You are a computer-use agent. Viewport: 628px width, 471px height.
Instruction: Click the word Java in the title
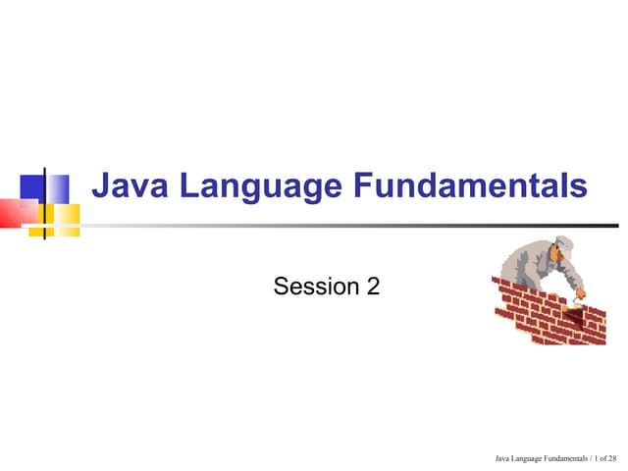pyautogui.click(x=126, y=186)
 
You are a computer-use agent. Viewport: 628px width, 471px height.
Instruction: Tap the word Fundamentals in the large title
pyautogui.click(x=470, y=186)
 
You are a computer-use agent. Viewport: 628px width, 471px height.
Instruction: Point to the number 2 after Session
pyautogui.click(x=373, y=287)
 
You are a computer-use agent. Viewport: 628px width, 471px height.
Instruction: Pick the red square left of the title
pyautogui.click(x=16, y=211)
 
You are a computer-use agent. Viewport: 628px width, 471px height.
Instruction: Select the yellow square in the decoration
pyautogui.click(x=65, y=218)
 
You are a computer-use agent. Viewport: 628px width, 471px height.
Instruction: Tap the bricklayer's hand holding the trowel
pyautogui.click(x=580, y=292)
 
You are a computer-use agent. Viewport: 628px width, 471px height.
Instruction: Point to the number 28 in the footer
pyautogui.click(x=612, y=457)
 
